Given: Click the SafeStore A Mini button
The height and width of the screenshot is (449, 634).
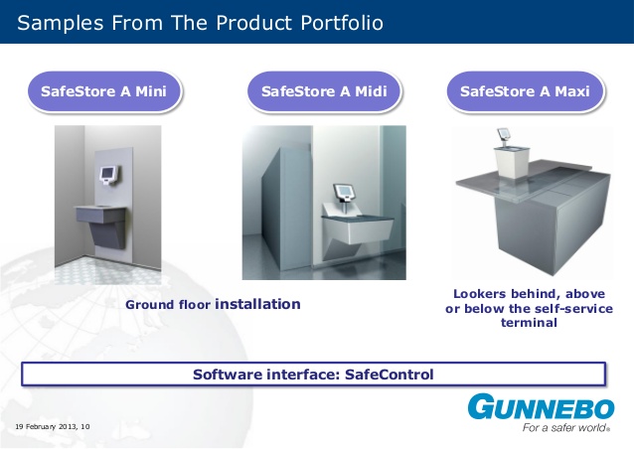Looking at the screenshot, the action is click(x=104, y=91).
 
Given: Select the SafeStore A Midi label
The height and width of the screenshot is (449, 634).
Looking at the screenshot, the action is click(x=324, y=91).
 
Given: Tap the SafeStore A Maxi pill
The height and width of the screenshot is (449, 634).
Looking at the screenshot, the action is click(x=525, y=91).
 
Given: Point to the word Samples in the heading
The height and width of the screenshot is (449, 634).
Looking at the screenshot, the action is click(x=61, y=24).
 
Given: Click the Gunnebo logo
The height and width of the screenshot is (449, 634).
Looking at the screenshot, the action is click(x=541, y=406).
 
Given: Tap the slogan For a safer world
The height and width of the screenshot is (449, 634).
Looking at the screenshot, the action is click(x=565, y=427).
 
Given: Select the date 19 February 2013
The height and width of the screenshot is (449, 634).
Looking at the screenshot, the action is click(x=46, y=427).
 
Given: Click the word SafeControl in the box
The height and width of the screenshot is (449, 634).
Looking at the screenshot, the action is click(x=389, y=374).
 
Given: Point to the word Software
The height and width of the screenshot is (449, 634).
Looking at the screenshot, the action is click(x=228, y=374).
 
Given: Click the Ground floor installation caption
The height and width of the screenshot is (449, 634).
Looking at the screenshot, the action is click(x=213, y=304).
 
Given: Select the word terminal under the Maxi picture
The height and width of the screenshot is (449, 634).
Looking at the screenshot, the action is click(x=529, y=323).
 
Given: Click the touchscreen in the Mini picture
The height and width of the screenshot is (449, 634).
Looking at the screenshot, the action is click(x=108, y=174).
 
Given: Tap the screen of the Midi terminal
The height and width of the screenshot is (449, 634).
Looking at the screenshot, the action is click(x=343, y=191).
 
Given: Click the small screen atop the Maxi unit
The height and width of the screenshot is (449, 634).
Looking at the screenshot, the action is click(x=504, y=132).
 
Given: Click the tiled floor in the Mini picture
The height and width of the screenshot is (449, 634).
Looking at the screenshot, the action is click(x=107, y=271).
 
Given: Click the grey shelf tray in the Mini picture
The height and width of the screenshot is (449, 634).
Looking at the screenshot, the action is click(x=100, y=214).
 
